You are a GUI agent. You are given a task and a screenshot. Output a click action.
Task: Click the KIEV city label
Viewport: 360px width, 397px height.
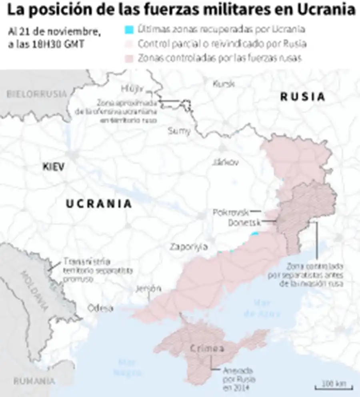pyautogui.click(x=53, y=166)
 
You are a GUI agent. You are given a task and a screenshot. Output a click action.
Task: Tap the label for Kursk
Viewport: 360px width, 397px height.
pyautogui.click(x=222, y=84)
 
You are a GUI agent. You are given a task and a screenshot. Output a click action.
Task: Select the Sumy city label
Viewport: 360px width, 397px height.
pyautogui.click(x=179, y=130)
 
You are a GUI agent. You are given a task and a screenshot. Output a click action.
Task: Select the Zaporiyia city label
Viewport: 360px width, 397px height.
pyautogui.click(x=188, y=247)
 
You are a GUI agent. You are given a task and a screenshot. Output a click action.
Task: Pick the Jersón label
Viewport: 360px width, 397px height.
pyautogui.click(x=148, y=288)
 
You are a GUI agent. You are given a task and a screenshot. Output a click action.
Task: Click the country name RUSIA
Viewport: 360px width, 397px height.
pyautogui.click(x=302, y=96)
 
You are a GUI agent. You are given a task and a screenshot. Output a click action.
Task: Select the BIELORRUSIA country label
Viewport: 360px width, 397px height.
pyautogui.click(x=36, y=94)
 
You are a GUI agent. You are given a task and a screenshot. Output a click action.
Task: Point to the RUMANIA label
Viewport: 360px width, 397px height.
pyautogui.click(x=34, y=381)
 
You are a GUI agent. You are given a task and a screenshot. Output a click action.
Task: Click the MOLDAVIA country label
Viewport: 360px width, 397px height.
pyautogui.click(x=33, y=291)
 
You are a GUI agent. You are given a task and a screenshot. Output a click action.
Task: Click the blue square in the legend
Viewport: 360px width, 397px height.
pyautogui.click(x=129, y=30)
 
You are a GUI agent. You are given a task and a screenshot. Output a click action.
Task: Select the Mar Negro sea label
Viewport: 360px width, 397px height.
pyautogui.click(x=128, y=367)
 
